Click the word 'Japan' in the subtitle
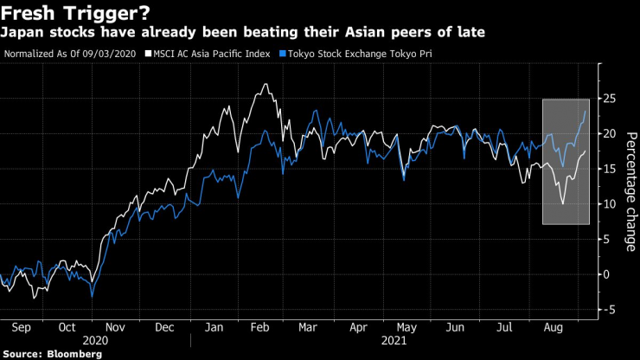(23, 33)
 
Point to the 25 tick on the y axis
(609, 99)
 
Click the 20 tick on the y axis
(609, 134)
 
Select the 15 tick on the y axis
(609, 169)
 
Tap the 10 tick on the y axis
(609, 204)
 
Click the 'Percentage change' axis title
(631, 192)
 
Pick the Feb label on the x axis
(258, 327)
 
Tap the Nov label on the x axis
(116, 327)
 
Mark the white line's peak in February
(261, 85)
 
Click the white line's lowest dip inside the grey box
(563, 204)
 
